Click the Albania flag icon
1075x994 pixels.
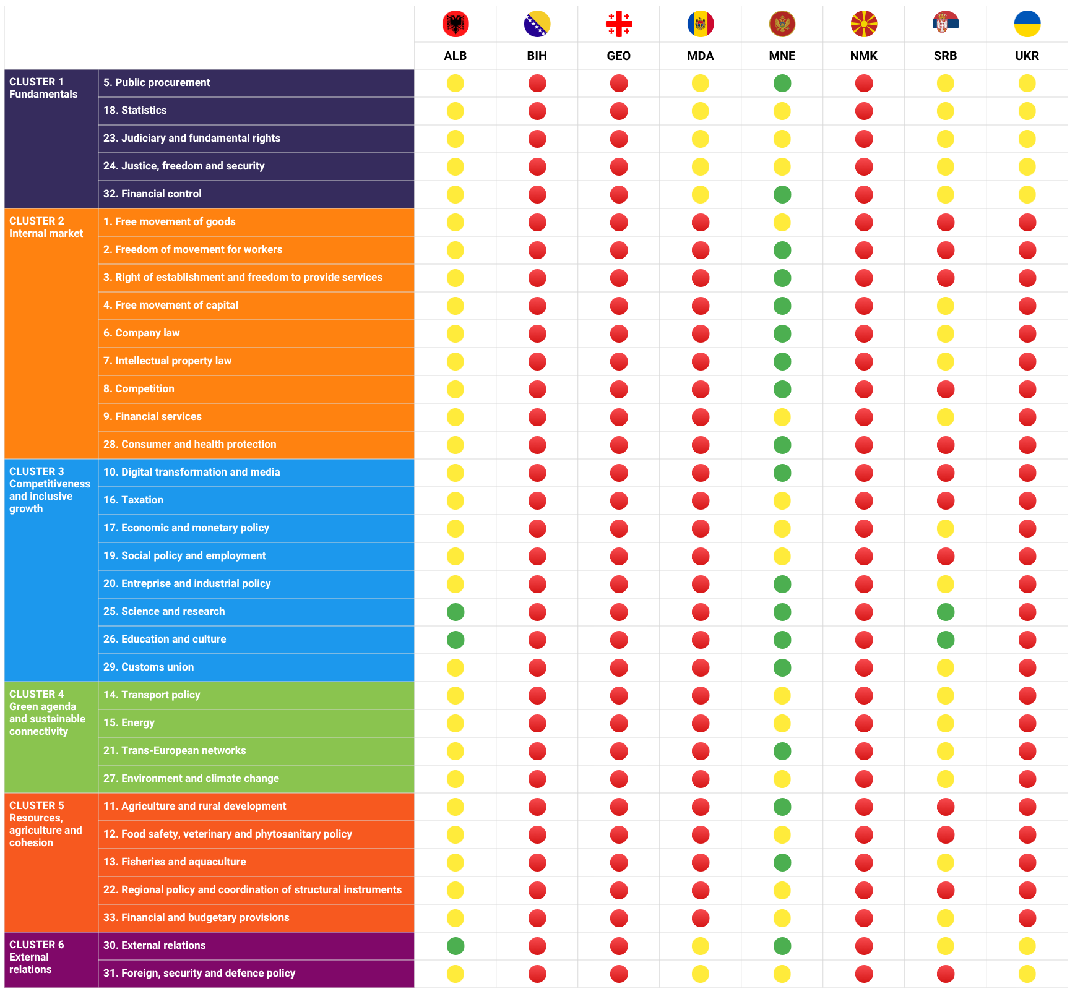click(455, 24)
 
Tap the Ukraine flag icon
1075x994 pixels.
click(1027, 24)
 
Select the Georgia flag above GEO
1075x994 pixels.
click(619, 24)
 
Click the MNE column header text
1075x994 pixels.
click(782, 56)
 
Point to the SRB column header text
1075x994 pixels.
click(946, 56)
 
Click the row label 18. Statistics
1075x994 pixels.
click(135, 110)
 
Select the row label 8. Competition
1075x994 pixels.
click(139, 388)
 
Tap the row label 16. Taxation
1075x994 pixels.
click(133, 500)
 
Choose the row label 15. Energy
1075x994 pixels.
click(129, 722)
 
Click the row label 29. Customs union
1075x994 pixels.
click(149, 667)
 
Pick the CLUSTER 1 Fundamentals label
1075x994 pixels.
click(43, 88)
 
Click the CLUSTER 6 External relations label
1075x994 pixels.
click(37, 957)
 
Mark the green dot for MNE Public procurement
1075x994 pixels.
click(782, 83)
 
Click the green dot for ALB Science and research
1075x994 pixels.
click(455, 612)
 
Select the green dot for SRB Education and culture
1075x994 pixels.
click(946, 640)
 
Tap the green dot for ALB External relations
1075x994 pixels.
click(455, 946)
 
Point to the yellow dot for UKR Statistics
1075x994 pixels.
click(1027, 111)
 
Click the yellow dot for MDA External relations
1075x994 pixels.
click(701, 946)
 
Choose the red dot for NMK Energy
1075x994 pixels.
click(864, 723)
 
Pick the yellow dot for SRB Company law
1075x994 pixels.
click(946, 333)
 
